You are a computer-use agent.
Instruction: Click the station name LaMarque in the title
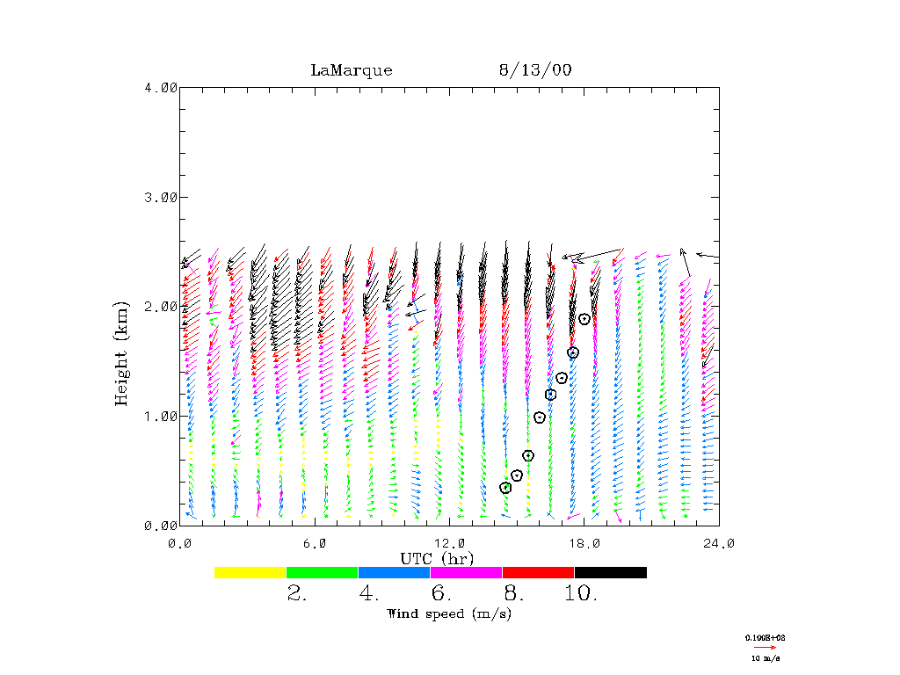click(x=352, y=71)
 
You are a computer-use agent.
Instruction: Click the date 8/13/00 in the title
click(x=535, y=71)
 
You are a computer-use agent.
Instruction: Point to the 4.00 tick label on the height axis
click(x=161, y=88)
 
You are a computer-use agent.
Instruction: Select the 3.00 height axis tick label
click(x=161, y=197)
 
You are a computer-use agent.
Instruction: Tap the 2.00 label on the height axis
click(x=161, y=307)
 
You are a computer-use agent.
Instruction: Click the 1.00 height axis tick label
click(x=161, y=416)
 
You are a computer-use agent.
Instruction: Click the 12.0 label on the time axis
click(x=449, y=544)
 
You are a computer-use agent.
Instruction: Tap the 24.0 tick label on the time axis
click(x=718, y=544)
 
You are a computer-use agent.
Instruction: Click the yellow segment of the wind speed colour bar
click(x=250, y=572)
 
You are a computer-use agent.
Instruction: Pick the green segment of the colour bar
click(x=323, y=572)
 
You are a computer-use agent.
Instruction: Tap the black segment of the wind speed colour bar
click(x=611, y=572)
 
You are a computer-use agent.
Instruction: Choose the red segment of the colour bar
click(x=538, y=572)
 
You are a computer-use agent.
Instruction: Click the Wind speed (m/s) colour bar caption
click(x=449, y=613)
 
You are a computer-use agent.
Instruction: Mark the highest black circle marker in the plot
click(x=584, y=319)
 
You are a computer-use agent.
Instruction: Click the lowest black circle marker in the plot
click(x=505, y=488)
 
